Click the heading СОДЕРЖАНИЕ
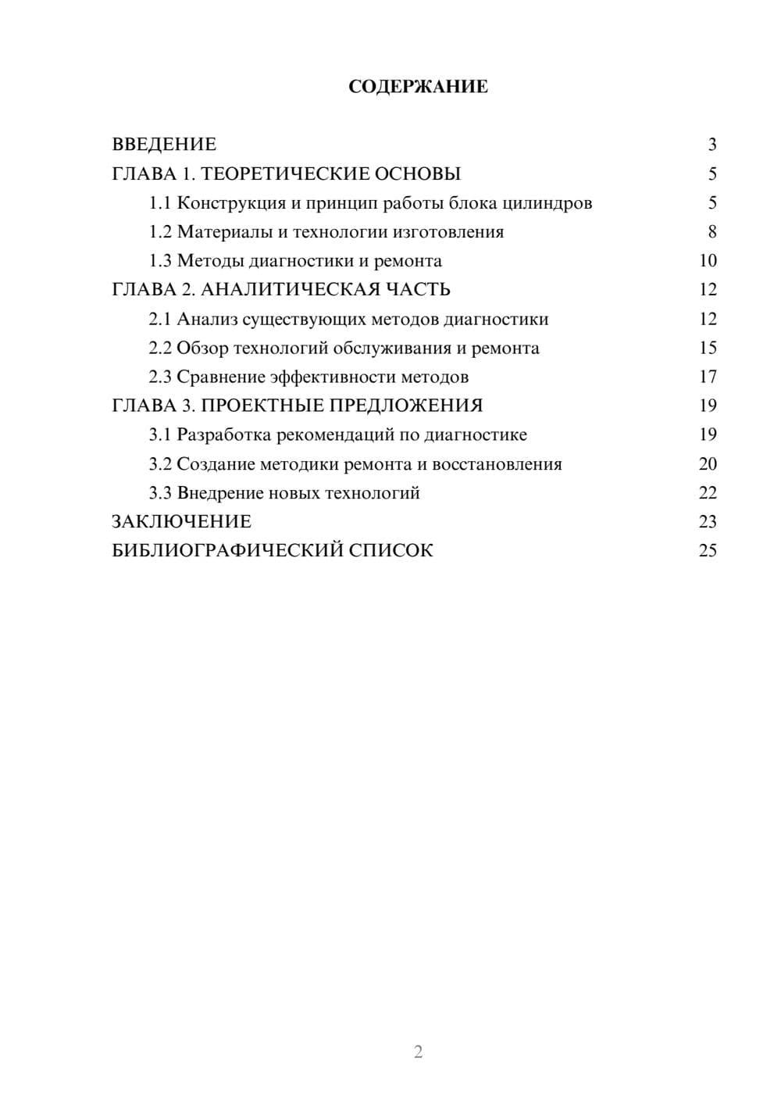(418, 87)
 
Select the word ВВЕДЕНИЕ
(164, 145)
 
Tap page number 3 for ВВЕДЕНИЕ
(711, 145)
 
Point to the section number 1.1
(160, 203)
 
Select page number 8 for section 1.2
(711, 232)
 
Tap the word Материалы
(219, 232)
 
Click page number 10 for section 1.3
(708, 261)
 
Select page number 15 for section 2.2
(708, 348)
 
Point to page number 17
(708, 377)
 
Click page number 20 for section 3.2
(708, 464)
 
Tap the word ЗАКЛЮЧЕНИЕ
(182, 522)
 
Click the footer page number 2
(418, 1052)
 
